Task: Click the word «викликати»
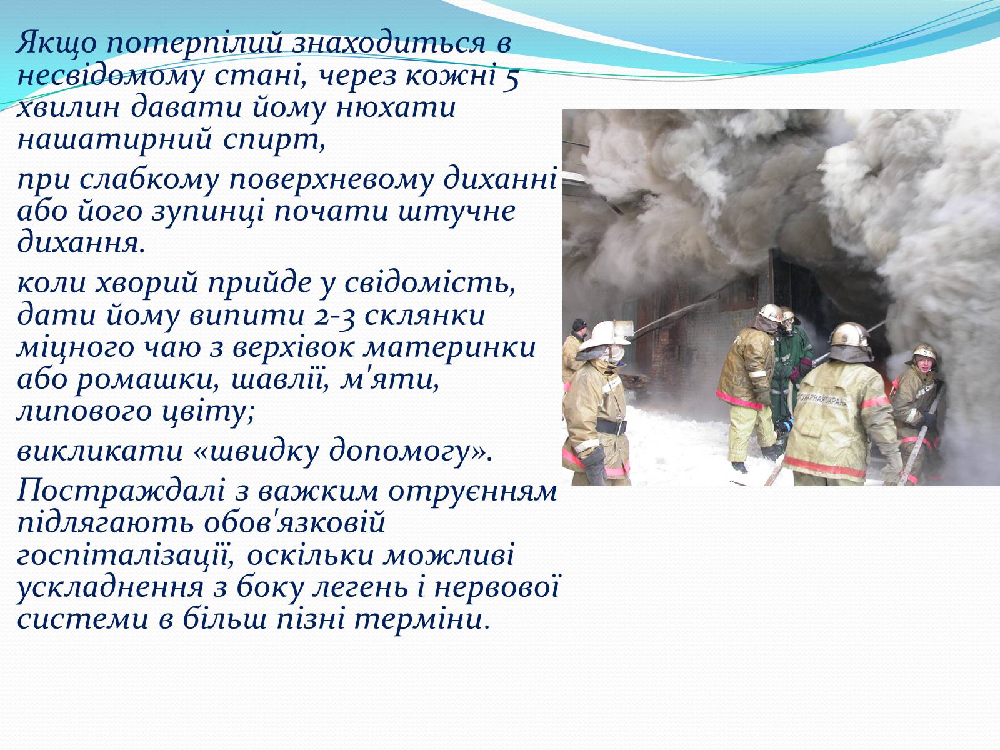coord(100,451)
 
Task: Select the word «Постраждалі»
coord(121,492)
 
